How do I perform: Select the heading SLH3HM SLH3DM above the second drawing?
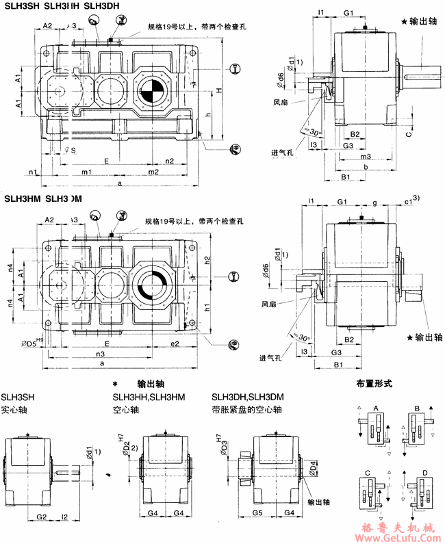pos(43,199)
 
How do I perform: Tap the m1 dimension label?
pos(87,171)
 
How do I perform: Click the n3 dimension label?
pos(100,354)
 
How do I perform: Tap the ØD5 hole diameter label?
pos(31,343)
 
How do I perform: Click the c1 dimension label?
pos(408,202)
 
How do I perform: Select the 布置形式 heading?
pos(374,384)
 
